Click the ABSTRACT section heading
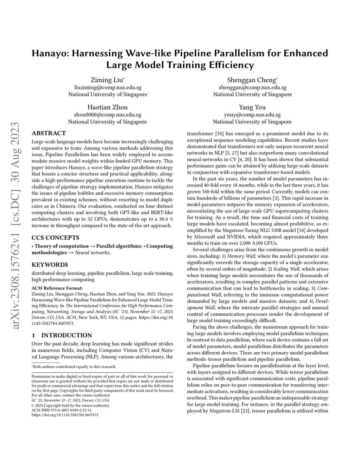pos(49,133)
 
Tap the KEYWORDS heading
pos(50,264)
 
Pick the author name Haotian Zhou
pos(107,107)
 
